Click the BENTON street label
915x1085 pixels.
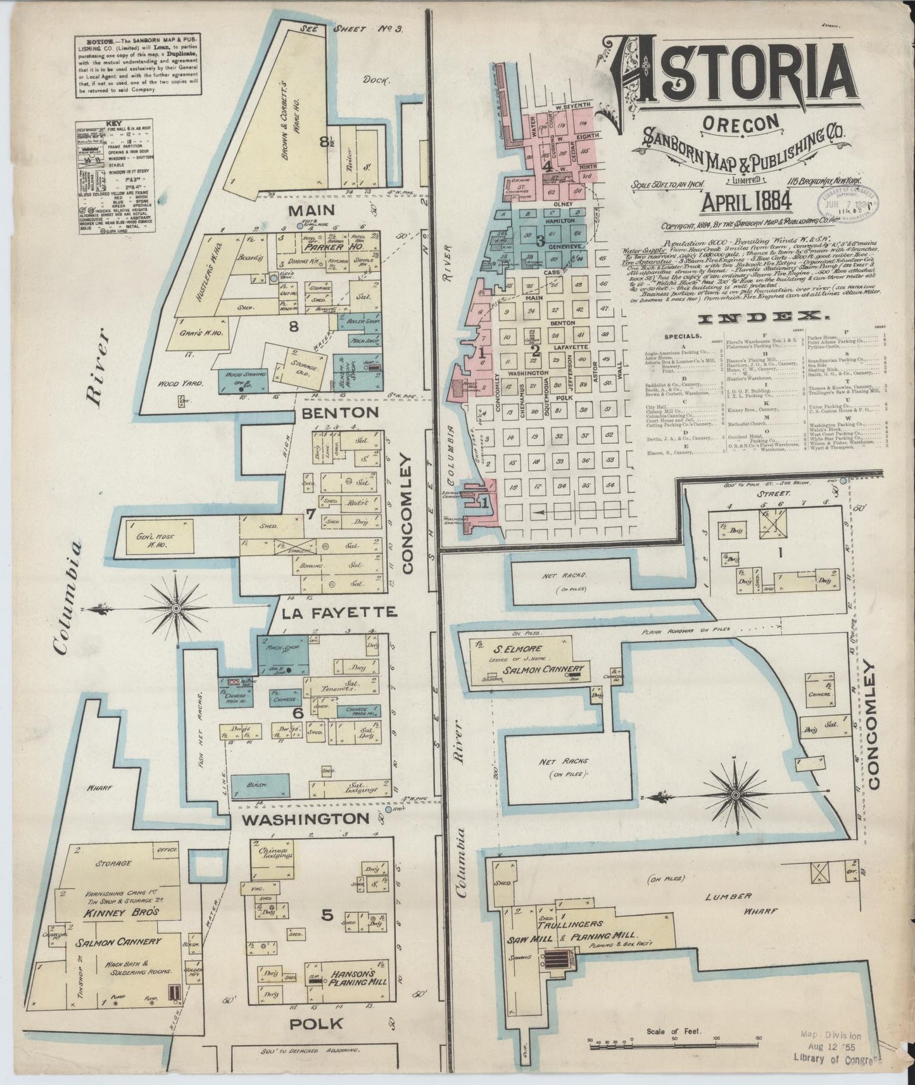pos(341,412)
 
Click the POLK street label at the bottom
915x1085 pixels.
pos(317,1023)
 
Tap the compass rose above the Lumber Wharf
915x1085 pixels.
pos(736,794)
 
